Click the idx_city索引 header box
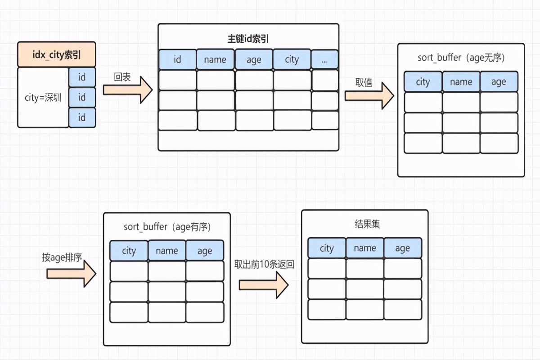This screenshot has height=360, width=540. click(x=57, y=54)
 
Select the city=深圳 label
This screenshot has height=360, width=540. click(x=43, y=98)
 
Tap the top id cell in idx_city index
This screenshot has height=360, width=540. click(x=82, y=77)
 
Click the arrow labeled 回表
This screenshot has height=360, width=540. click(x=128, y=90)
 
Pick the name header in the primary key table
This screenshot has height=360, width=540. click(x=215, y=59)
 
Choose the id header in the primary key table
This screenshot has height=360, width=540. click(x=177, y=59)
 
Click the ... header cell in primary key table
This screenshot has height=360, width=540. click(x=325, y=59)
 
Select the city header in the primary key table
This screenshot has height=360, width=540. click(x=292, y=59)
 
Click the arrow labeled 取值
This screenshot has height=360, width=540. click(x=369, y=96)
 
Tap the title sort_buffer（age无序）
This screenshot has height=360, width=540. click(x=461, y=58)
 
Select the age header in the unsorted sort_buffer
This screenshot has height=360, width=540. click(x=499, y=82)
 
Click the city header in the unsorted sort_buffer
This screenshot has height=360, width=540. click(x=423, y=82)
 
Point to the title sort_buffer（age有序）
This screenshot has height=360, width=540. click(x=167, y=227)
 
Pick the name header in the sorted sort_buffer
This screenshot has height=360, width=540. click(x=167, y=251)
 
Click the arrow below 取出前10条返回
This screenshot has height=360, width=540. click(x=264, y=285)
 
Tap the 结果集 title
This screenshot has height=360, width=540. click(x=364, y=224)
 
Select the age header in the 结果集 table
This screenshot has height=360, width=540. click(x=402, y=248)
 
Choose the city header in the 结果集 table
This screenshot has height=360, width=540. click(x=327, y=248)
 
